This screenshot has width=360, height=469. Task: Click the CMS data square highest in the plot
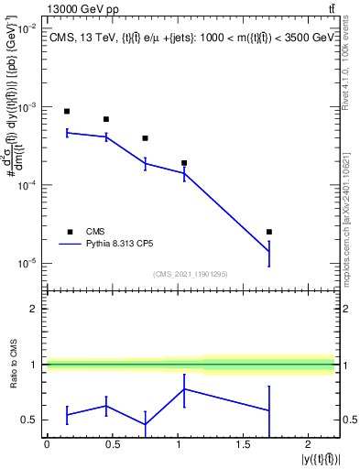pyautogui.click(x=67, y=111)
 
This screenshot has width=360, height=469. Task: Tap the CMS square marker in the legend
pyautogui.click(x=67, y=232)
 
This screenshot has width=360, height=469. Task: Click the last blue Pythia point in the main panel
pyautogui.click(x=268, y=252)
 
